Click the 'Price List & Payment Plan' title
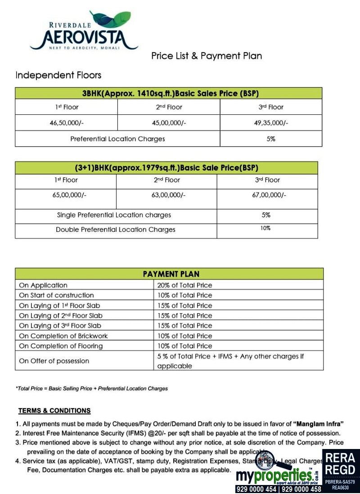pyautogui.click(x=207, y=56)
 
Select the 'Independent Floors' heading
pyautogui.click(x=58, y=75)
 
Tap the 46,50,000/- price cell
pyautogui.click(x=66, y=123)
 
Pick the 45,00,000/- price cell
pyautogui.click(x=169, y=123)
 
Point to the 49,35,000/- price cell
pyautogui.click(x=271, y=123)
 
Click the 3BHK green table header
pyautogui.click(x=169, y=94)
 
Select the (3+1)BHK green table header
pyautogui.click(x=166, y=168)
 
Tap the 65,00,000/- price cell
pyautogui.click(x=65, y=195)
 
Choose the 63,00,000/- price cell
pyautogui.click(x=166, y=195)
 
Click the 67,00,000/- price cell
pyautogui.click(x=267, y=195)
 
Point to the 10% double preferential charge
pyautogui.click(x=265, y=229)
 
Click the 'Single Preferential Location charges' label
pyautogui.click(x=114, y=215)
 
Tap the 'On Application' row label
pyautogui.click(x=43, y=285)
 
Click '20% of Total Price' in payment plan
pyautogui.click(x=184, y=285)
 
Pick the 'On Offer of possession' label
pyautogui.click(x=54, y=361)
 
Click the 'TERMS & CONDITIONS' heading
pyautogui.click(x=54, y=411)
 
